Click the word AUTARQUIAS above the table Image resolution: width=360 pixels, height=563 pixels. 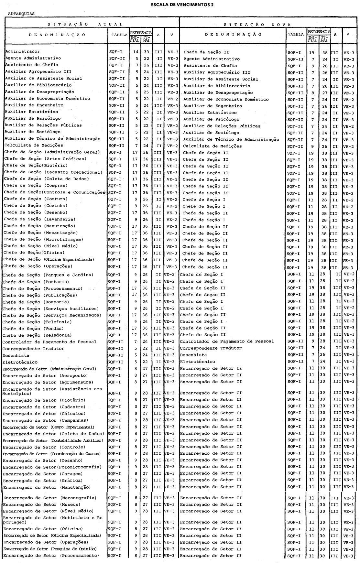[22, 14]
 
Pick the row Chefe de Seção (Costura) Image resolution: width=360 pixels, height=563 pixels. [36, 199]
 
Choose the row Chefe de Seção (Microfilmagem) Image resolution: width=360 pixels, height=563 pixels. [44, 239]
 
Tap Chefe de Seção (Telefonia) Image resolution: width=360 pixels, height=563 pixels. [37, 322]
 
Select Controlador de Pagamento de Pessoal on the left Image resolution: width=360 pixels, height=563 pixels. [49, 342]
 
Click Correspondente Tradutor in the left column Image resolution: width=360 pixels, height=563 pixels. [33, 349]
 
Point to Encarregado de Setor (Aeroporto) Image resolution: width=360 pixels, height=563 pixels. [45, 376]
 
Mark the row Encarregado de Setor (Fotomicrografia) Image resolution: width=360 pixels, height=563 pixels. [52, 467]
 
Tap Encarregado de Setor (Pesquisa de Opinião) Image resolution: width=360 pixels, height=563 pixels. [50, 549]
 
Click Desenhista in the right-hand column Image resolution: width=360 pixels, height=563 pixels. [193, 355]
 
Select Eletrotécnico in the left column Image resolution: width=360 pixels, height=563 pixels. [20, 362]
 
